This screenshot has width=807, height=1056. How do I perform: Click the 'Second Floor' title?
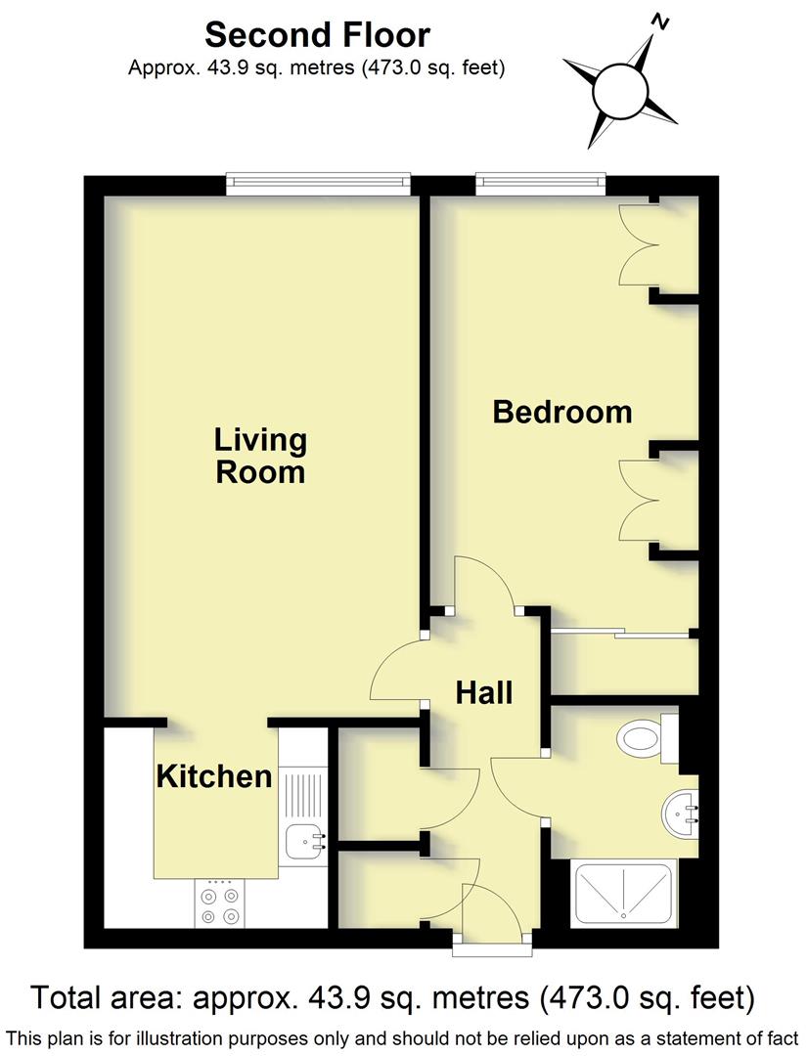pos(317,35)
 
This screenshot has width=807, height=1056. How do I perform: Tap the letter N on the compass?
pos(662,21)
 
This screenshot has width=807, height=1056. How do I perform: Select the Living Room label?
pos(260,456)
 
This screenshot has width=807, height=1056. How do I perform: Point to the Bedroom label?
pos(561,412)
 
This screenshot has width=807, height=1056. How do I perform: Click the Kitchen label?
pos(214,777)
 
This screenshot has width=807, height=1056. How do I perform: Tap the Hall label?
pos(484,692)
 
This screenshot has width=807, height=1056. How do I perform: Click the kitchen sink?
pos(304,839)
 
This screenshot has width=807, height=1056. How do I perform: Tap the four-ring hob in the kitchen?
pos(219,904)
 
